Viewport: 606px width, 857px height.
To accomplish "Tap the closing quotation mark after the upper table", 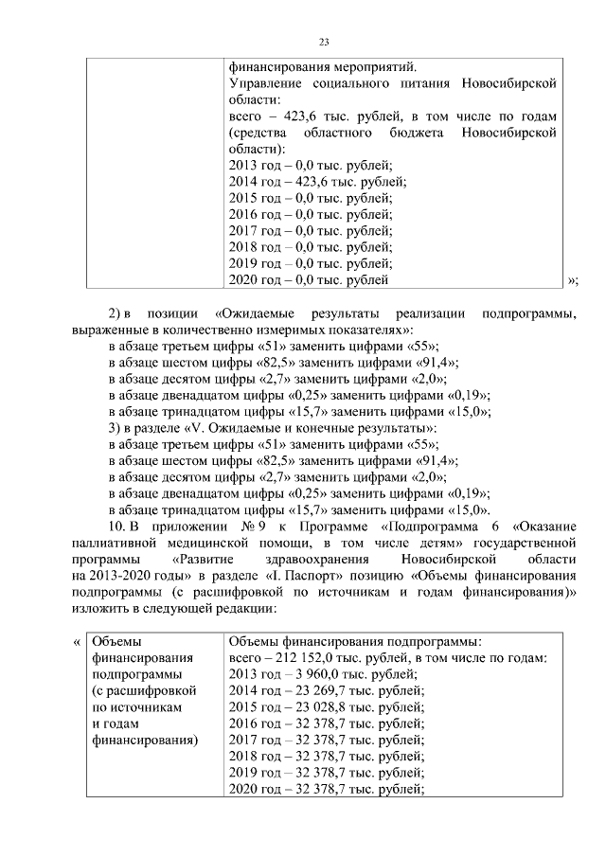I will (x=572, y=280).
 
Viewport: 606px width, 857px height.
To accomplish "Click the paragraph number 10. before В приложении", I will (x=116, y=526).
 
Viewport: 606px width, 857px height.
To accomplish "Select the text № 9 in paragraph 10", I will (x=252, y=526).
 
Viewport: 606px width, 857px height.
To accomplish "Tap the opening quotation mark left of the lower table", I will (x=77, y=641).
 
